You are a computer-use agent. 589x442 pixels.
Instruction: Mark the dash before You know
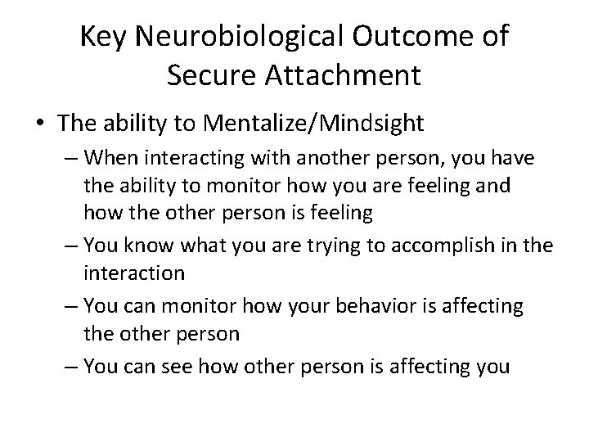[x=71, y=246]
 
